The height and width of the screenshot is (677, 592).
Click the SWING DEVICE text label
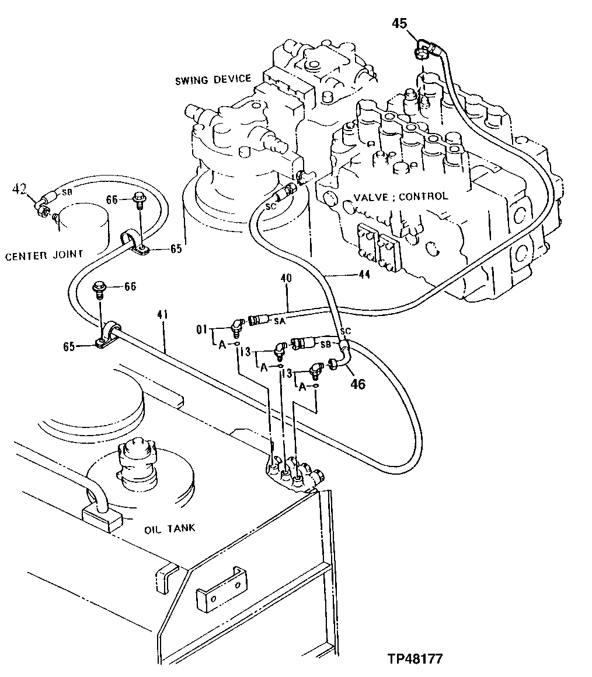pyautogui.click(x=213, y=79)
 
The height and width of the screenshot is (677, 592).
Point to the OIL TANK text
pyautogui.click(x=169, y=528)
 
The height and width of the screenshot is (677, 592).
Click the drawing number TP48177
pyautogui.click(x=415, y=659)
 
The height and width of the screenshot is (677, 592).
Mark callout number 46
pyautogui.click(x=357, y=385)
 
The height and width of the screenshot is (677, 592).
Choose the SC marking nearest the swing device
pyautogui.click(x=270, y=206)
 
